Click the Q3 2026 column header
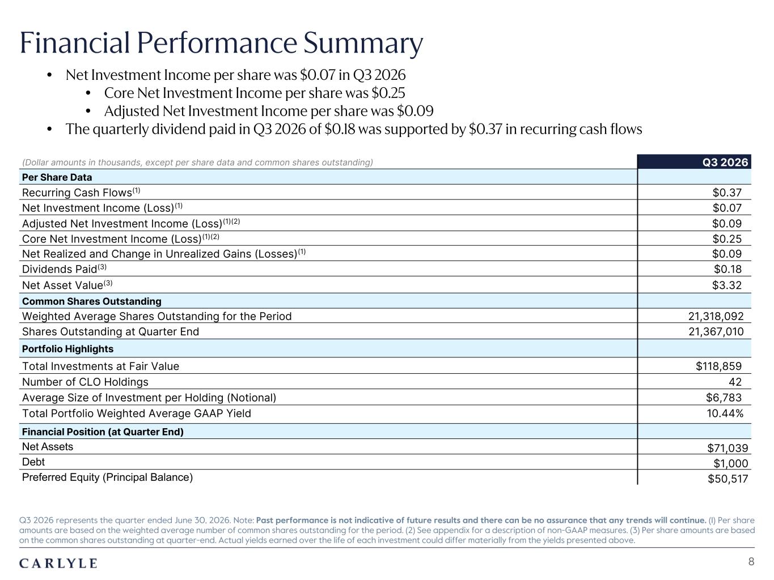[725, 163]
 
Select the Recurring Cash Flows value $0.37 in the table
[727, 193]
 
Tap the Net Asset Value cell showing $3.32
[727, 285]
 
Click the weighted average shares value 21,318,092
[716, 316]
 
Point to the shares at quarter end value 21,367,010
[716, 331]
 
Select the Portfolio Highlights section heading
[67, 349]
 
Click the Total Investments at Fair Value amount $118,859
[718, 366]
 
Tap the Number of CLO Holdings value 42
[735, 382]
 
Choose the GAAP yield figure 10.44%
[725, 413]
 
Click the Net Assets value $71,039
[728, 448]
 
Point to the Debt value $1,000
[731, 463]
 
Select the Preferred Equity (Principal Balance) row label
[108, 477]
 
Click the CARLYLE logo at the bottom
[58, 563]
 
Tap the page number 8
[751, 561]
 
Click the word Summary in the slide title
[363, 44]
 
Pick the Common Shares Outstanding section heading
[92, 301]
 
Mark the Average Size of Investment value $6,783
[724, 398]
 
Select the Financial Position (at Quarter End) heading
[103, 432]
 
